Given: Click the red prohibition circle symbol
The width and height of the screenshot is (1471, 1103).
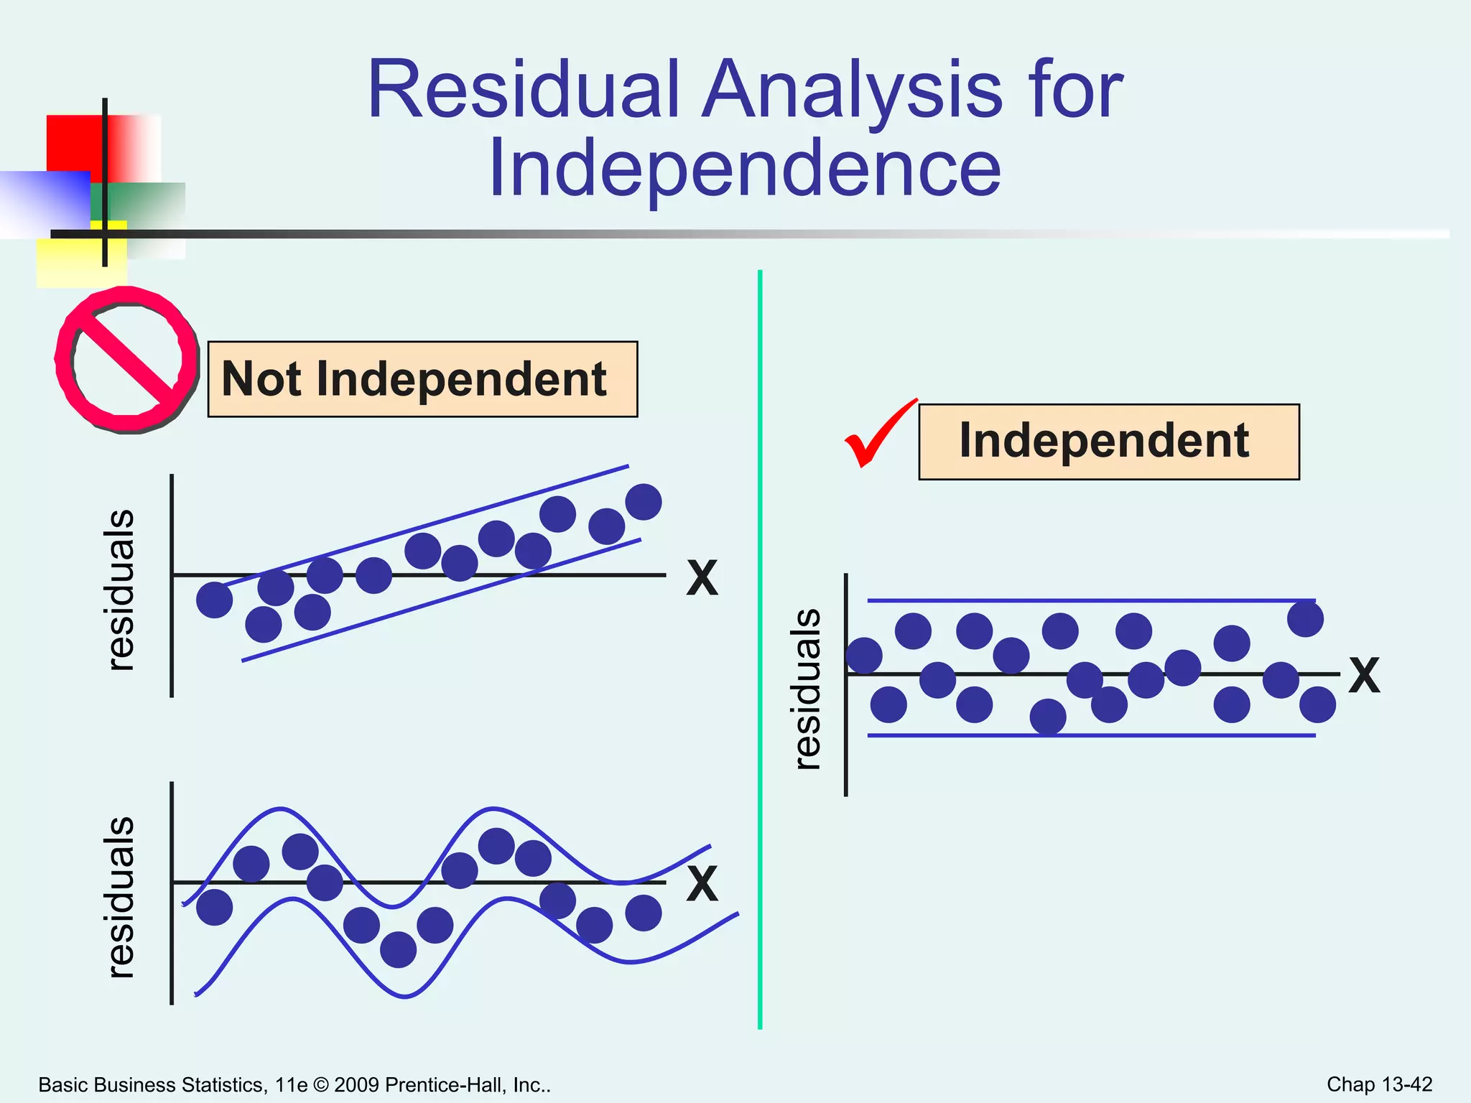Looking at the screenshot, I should tap(127, 360).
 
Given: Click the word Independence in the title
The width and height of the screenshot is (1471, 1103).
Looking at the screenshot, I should tap(744, 169).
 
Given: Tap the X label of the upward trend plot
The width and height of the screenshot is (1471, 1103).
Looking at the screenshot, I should tap(702, 578).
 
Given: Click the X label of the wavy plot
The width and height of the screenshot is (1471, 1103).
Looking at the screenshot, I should tap(702, 883).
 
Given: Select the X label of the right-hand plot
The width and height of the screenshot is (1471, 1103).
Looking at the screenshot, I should tap(1363, 676).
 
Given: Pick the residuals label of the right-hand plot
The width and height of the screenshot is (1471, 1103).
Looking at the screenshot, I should tap(807, 689).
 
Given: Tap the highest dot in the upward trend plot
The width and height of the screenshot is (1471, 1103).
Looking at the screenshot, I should tap(643, 501).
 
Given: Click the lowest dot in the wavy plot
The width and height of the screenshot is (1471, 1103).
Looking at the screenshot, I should tap(398, 949).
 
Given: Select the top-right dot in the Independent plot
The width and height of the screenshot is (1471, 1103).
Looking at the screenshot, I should tap(1305, 619).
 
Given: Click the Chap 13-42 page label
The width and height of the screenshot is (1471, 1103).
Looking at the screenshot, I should tap(1379, 1084).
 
